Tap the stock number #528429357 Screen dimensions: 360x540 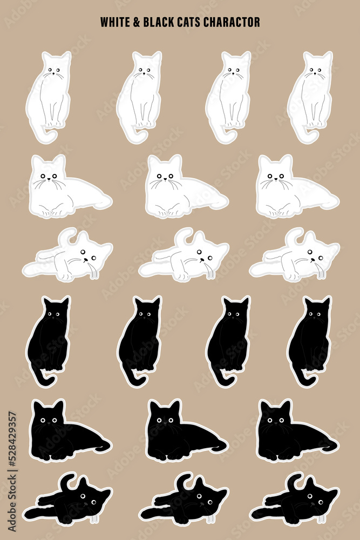[x=12, y=441]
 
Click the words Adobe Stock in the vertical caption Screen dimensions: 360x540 [x=12, y=503]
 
